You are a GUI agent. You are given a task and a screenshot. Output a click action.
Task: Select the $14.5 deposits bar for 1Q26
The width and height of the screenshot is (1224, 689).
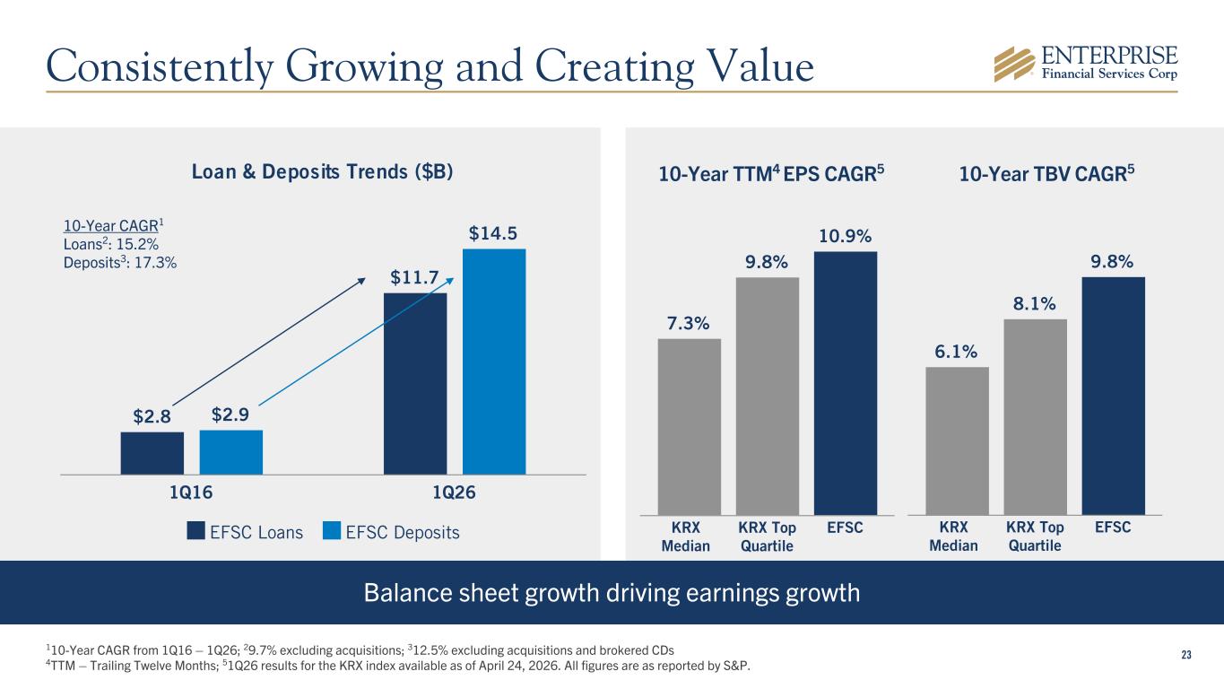tap(493, 361)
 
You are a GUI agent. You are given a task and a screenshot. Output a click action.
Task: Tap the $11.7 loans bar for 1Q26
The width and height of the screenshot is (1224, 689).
tap(414, 383)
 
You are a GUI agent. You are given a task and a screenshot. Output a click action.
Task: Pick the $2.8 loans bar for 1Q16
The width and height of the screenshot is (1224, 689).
tap(152, 452)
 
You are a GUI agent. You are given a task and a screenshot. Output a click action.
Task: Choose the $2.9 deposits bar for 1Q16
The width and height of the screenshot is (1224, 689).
tap(230, 451)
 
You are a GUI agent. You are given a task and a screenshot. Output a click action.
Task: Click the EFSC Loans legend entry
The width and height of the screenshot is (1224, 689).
tap(245, 532)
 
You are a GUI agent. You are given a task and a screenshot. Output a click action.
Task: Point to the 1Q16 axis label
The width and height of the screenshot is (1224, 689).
tap(191, 493)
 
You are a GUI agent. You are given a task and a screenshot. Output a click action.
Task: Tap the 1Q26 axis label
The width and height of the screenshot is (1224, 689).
tap(454, 493)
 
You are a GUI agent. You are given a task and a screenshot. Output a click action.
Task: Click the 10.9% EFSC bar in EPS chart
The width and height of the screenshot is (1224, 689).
tap(845, 382)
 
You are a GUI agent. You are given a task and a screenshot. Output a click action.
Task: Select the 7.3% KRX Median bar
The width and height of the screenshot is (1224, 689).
tap(689, 426)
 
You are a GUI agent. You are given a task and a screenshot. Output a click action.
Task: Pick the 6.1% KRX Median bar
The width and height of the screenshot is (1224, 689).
tap(957, 440)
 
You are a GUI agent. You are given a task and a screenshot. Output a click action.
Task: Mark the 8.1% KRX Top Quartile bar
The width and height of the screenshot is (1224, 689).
tap(1035, 416)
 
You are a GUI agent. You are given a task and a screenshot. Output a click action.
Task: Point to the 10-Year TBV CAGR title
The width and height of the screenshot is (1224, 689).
tap(1045, 174)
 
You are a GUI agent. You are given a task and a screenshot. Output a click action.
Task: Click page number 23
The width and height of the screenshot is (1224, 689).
tap(1185, 654)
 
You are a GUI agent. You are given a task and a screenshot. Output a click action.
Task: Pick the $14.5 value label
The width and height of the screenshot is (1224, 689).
tap(493, 233)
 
